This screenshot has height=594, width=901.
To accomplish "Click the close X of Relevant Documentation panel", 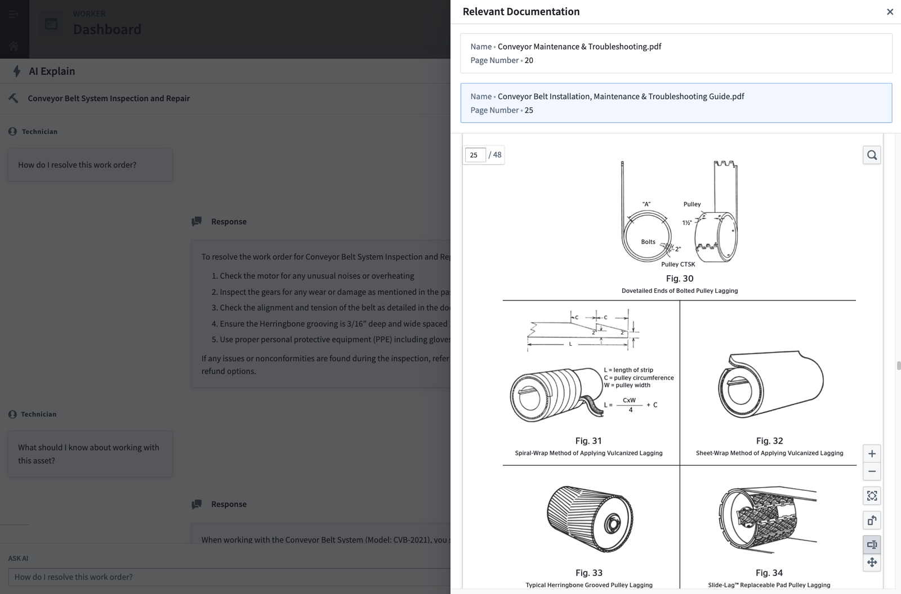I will pyautogui.click(x=890, y=12).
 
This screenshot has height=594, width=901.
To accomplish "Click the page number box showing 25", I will pyautogui.click(x=475, y=155).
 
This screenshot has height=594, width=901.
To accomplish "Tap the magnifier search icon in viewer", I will pyautogui.click(x=872, y=155).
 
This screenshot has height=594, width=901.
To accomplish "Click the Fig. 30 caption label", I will pyautogui.click(x=679, y=279).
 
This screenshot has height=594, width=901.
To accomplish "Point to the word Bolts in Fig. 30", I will pyautogui.click(x=648, y=242).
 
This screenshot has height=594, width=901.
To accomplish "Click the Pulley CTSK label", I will pyautogui.click(x=678, y=264).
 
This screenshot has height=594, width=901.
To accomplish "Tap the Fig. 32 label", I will pyautogui.click(x=769, y=441).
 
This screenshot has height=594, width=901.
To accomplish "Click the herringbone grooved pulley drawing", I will pyautogui.click(x=589, y=520).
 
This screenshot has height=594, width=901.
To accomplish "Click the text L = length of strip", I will pyautogui.click(x=628, y=370).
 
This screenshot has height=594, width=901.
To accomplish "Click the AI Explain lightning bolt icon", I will pyautogui.click(x=17, y=71).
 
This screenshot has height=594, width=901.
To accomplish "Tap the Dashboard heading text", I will pyautogui.click(x=107, y=29).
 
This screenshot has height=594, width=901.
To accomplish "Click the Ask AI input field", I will pyautogui.click(x=225, y=577).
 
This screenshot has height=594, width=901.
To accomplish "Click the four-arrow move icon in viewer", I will pyautogui.click(x=872, y=562).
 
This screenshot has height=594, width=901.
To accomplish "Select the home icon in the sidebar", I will pyautogui.click(x=14, y=46).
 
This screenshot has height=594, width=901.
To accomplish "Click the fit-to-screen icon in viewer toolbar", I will pyautogui.click(x=872, y=496).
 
